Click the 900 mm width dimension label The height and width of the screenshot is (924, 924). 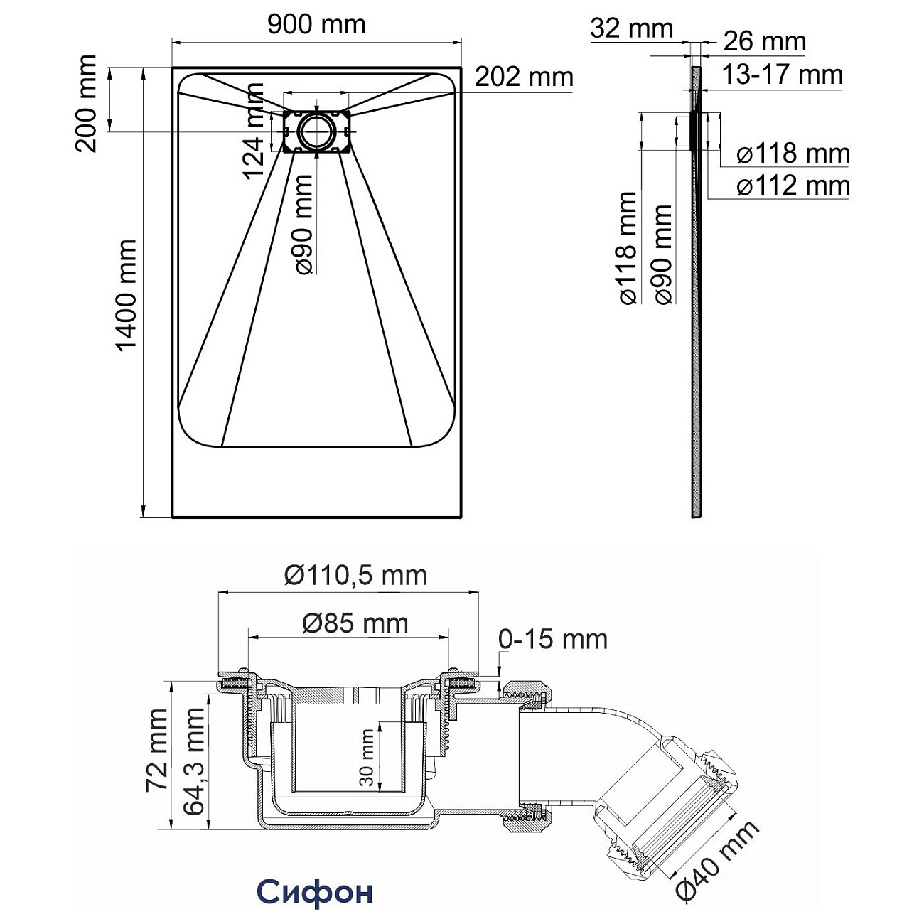point(316,25)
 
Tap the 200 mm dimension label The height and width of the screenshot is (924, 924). point(87,104)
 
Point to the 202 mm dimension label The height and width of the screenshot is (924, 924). point(524,77)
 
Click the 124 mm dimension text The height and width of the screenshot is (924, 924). point(254,131)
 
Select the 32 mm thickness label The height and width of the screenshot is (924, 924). point(631,28)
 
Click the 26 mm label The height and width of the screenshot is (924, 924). point(765,41)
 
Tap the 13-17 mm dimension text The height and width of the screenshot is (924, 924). point(783,75)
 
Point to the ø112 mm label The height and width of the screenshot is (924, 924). point(793,186)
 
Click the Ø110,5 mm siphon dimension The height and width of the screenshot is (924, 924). point(355,575)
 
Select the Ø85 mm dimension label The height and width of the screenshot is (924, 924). point(355,623)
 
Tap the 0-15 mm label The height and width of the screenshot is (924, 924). point(553,639)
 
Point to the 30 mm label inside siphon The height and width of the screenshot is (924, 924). point(367,757)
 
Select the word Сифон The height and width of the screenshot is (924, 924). point(314,891)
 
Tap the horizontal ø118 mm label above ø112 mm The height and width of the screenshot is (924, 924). point(793,154)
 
